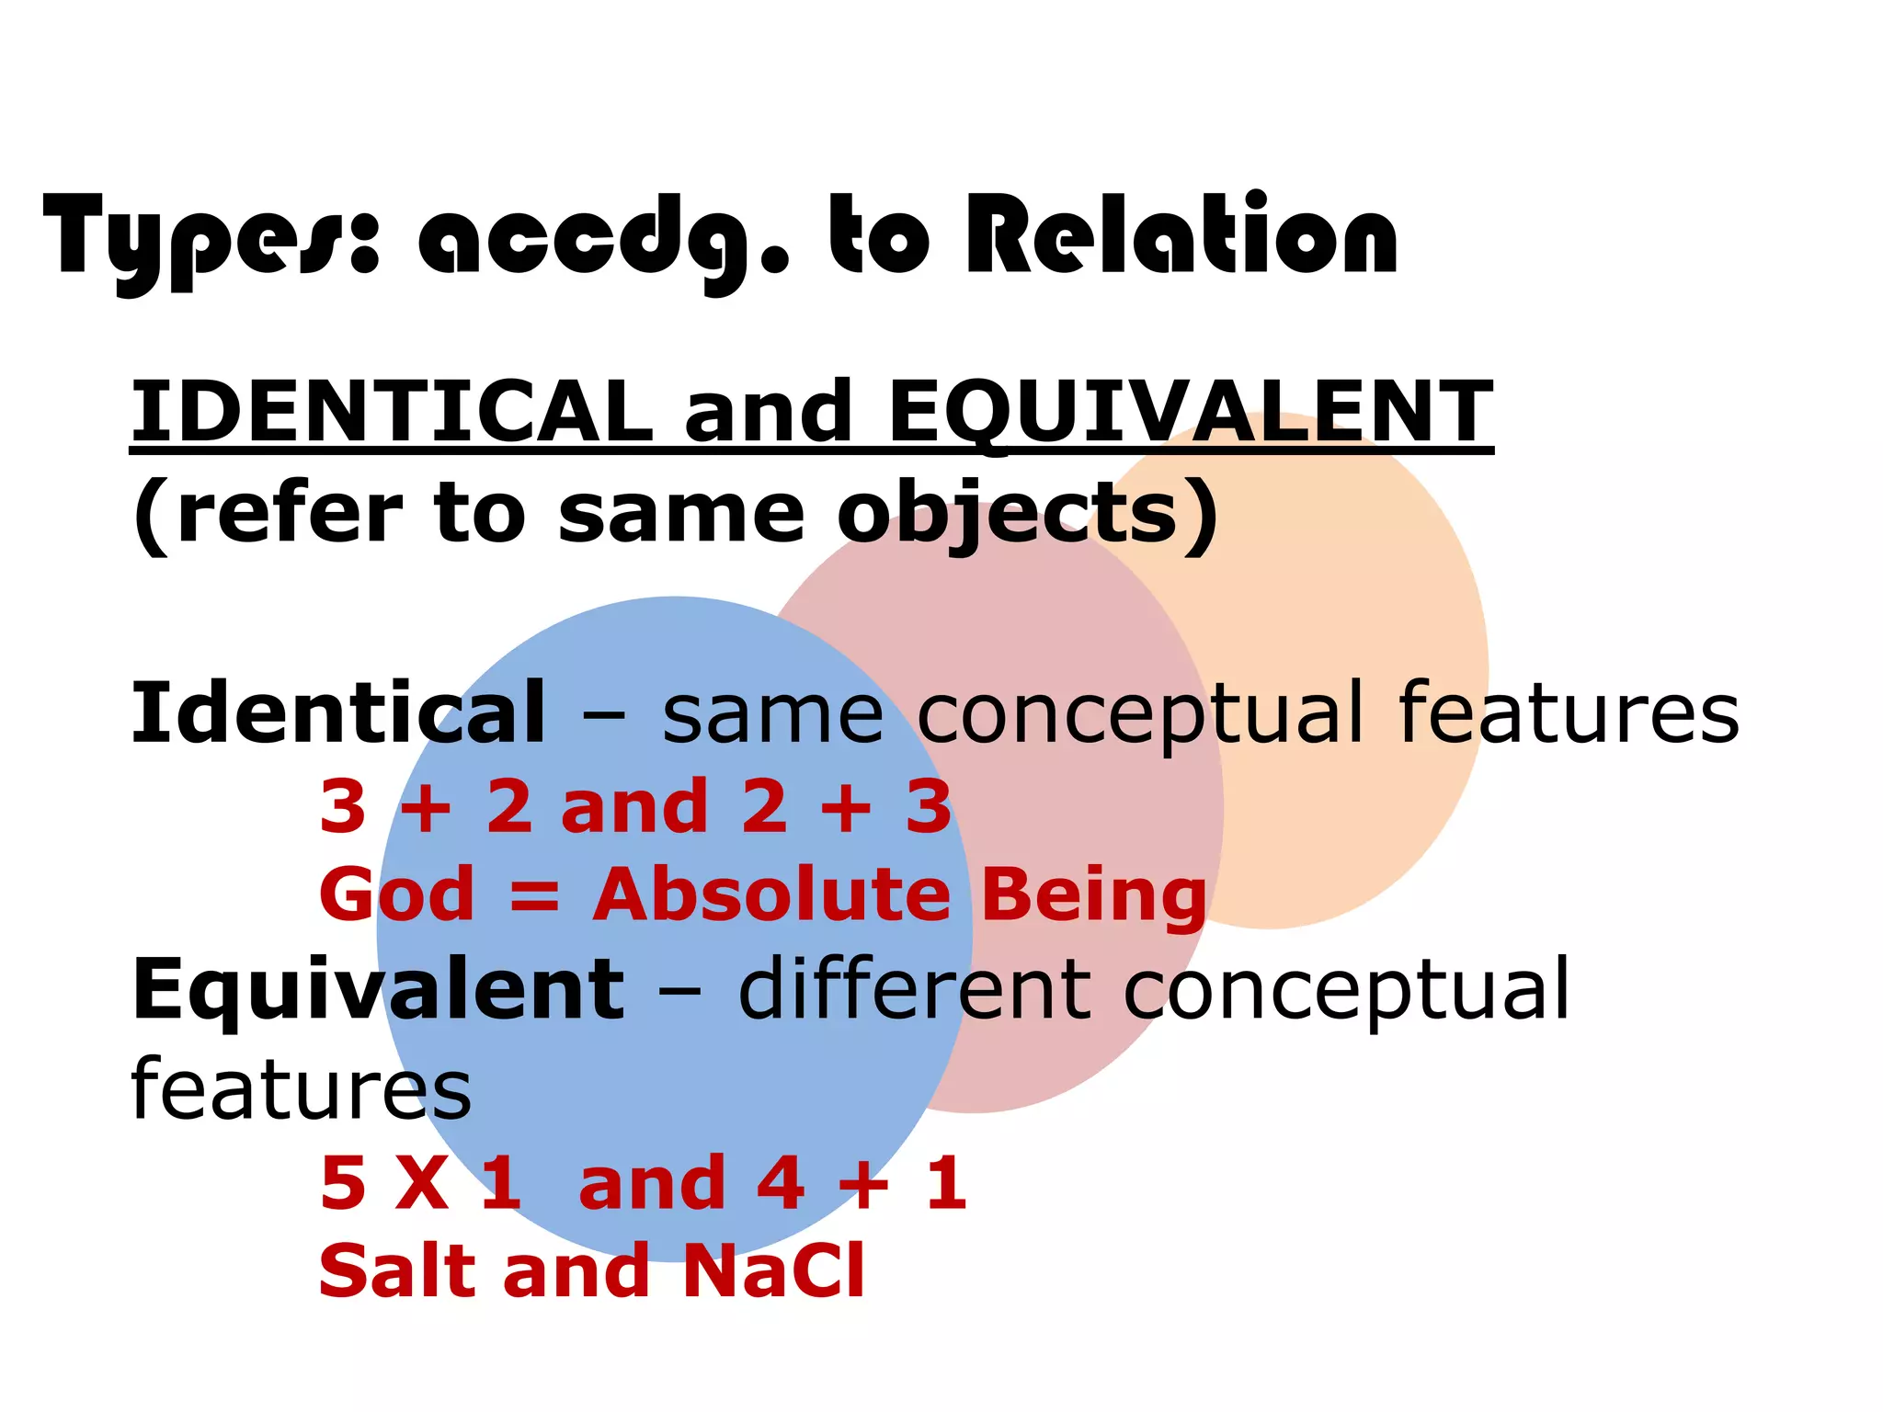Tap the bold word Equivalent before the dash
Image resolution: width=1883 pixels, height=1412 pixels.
click(378, 989)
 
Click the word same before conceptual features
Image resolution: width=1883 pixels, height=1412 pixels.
click(772, 714)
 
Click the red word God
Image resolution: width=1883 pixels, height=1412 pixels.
click(396, 894)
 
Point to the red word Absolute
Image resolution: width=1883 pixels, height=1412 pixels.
click(770, 894)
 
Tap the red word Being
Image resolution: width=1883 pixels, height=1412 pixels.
click(1093, 894)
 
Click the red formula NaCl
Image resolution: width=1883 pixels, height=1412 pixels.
click(773, 1270)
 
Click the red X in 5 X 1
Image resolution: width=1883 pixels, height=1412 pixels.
click(422, 1184)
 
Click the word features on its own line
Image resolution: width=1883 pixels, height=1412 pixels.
click(301, 1088)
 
